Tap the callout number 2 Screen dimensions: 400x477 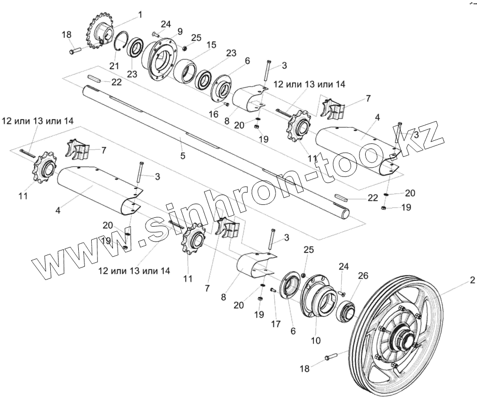pyautogui.click(x=472, y=282)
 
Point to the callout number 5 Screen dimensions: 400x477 pyautogui.click(x=182, y=155)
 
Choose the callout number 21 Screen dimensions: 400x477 pyautogui.click(x=114, y=66)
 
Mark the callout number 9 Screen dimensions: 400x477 pyautogui.click(x=180, y=32)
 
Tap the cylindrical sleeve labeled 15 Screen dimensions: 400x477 pyautogui.click(x=185, y=69)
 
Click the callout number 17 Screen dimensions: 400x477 pyautogui.click(x=275, y=324)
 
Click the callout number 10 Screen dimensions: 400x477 pyautogui.click(x=316, y=340)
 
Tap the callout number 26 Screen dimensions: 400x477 pyautogui.click(x=363, y=276)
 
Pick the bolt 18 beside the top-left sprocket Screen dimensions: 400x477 pyautogui.click(x=75, y=51)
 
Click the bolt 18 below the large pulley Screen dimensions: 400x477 pyautogui.click(x=331, y=358)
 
